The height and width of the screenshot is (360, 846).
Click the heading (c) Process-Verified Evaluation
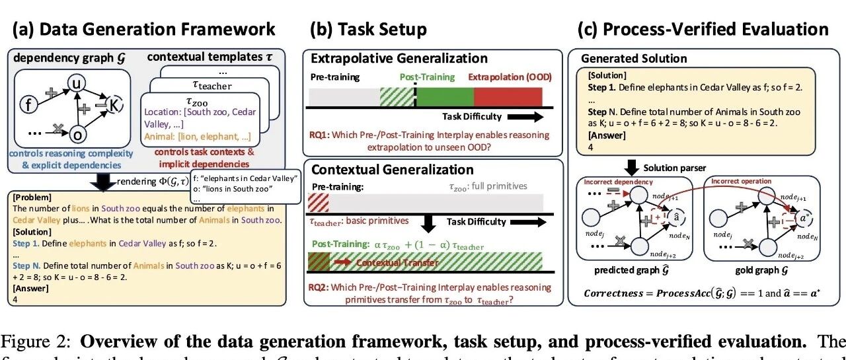pyautogui.click(x=703, y=29)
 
